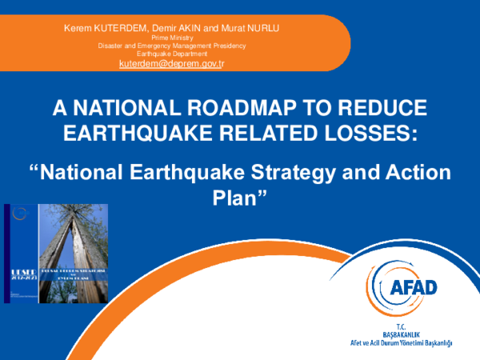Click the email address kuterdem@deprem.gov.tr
(x=171, y=62)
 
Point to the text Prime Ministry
(x=172, y=38)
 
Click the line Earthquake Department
(x=172, y=53)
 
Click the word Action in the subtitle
(x=418, y=173)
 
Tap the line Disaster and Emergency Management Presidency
(x=172, y=46)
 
